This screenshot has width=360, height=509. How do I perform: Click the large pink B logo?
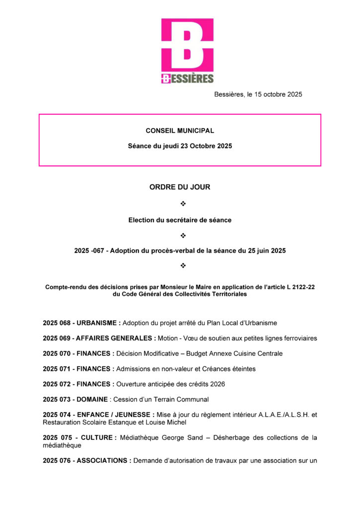(x=187, y=45)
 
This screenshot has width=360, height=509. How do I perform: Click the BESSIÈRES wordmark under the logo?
(x=187, y=78)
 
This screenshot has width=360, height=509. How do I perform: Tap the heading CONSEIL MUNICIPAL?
(x=180, y=131)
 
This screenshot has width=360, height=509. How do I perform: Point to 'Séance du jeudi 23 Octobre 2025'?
(x=180, y=146)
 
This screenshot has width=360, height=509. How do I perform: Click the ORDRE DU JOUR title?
(x=180, y=187)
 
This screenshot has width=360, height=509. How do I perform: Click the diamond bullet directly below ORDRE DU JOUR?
(x=182, y=204)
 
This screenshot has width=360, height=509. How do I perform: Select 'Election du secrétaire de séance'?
(x=180, y=220)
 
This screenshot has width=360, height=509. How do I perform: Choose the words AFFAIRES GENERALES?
(x=114, y=338)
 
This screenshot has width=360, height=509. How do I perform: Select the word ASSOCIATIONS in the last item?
(x=103, y=460)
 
